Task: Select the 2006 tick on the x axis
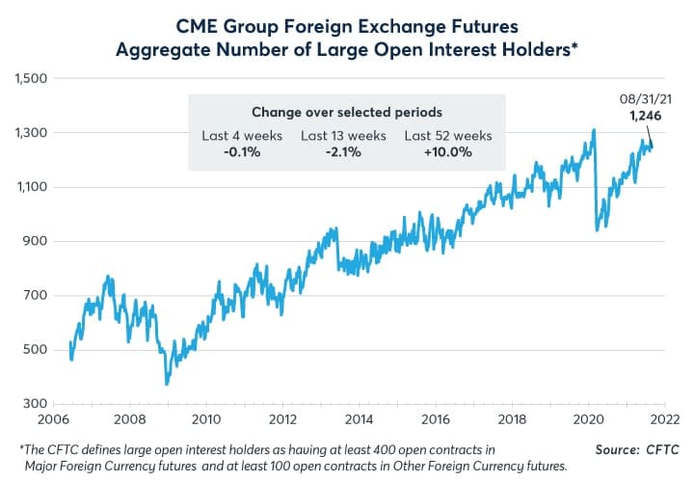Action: coord(50,420)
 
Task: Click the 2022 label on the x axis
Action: coord(664,420)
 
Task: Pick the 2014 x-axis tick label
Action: coord(358,420)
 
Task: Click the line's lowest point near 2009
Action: coord(167,384)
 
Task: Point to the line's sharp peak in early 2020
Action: coord(593,129)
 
